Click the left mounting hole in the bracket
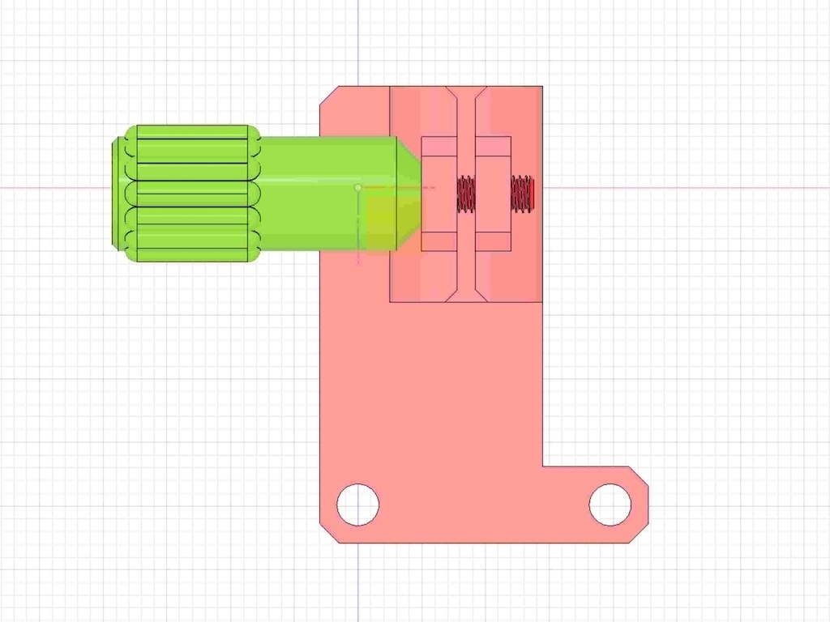coord(357,505)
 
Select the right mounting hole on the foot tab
coord(610,505)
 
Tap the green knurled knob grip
coord(192,194)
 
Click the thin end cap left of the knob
coord(118,194)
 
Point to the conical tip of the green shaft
coord(409,194)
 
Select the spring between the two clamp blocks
coord(466,194)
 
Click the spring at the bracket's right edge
coord(522,194)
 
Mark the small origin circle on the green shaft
coord(358,188)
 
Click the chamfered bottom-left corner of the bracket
coord(328,533)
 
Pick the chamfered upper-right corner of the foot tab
coord(640,475)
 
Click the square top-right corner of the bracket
coord(541,87)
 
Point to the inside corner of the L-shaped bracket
coord(542,466)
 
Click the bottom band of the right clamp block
coord(493,241)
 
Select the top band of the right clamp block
coord(493,146)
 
